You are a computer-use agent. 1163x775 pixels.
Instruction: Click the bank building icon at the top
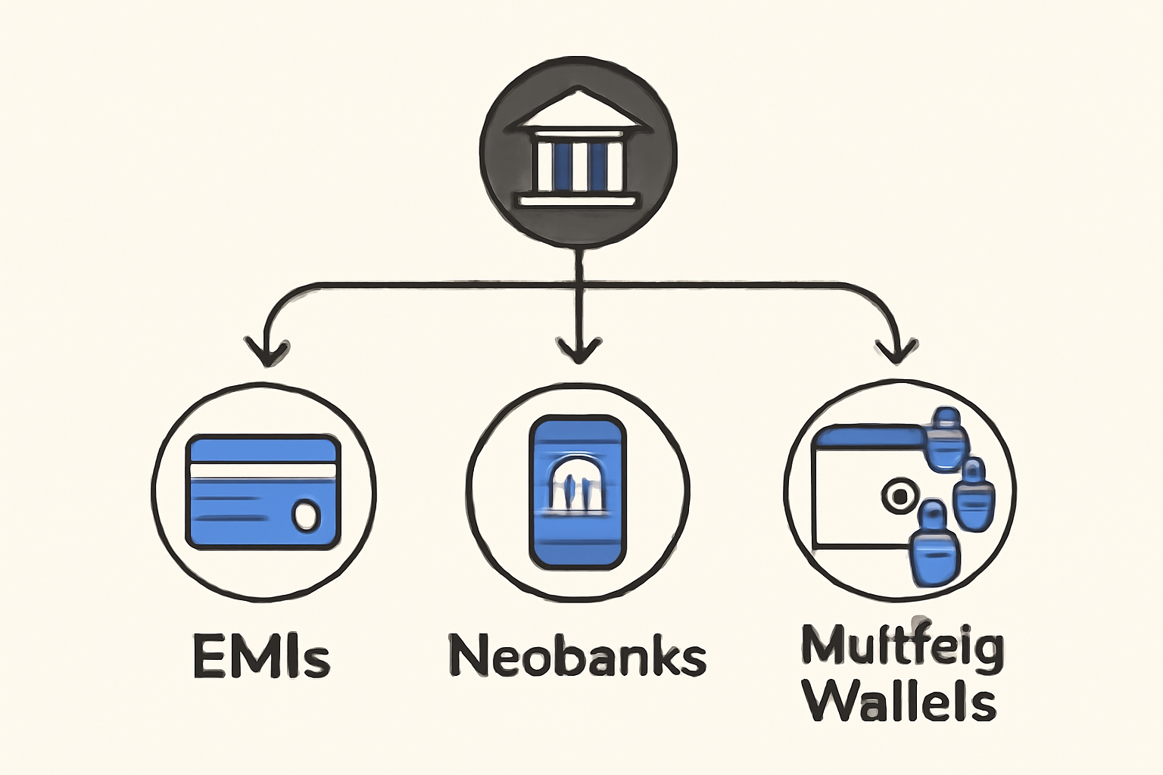tap(578, 151)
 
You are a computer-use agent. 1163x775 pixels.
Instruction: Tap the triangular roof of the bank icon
tap(578, 114)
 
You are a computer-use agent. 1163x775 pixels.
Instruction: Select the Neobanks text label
tap(578, 655)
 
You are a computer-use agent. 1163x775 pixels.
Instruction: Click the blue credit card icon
tap(263, 492)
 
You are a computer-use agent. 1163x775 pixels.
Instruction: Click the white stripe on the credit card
tap(262, 472)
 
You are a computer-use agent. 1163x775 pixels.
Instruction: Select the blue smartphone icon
tap(578, 492)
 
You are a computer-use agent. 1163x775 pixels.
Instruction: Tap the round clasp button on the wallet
tap(899, 496)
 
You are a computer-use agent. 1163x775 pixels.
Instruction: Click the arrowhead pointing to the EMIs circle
tap(267, 351)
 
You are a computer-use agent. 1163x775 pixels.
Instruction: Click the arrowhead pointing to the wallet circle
tap(897, 350)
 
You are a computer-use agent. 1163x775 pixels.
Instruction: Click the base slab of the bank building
tap(578, 201)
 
